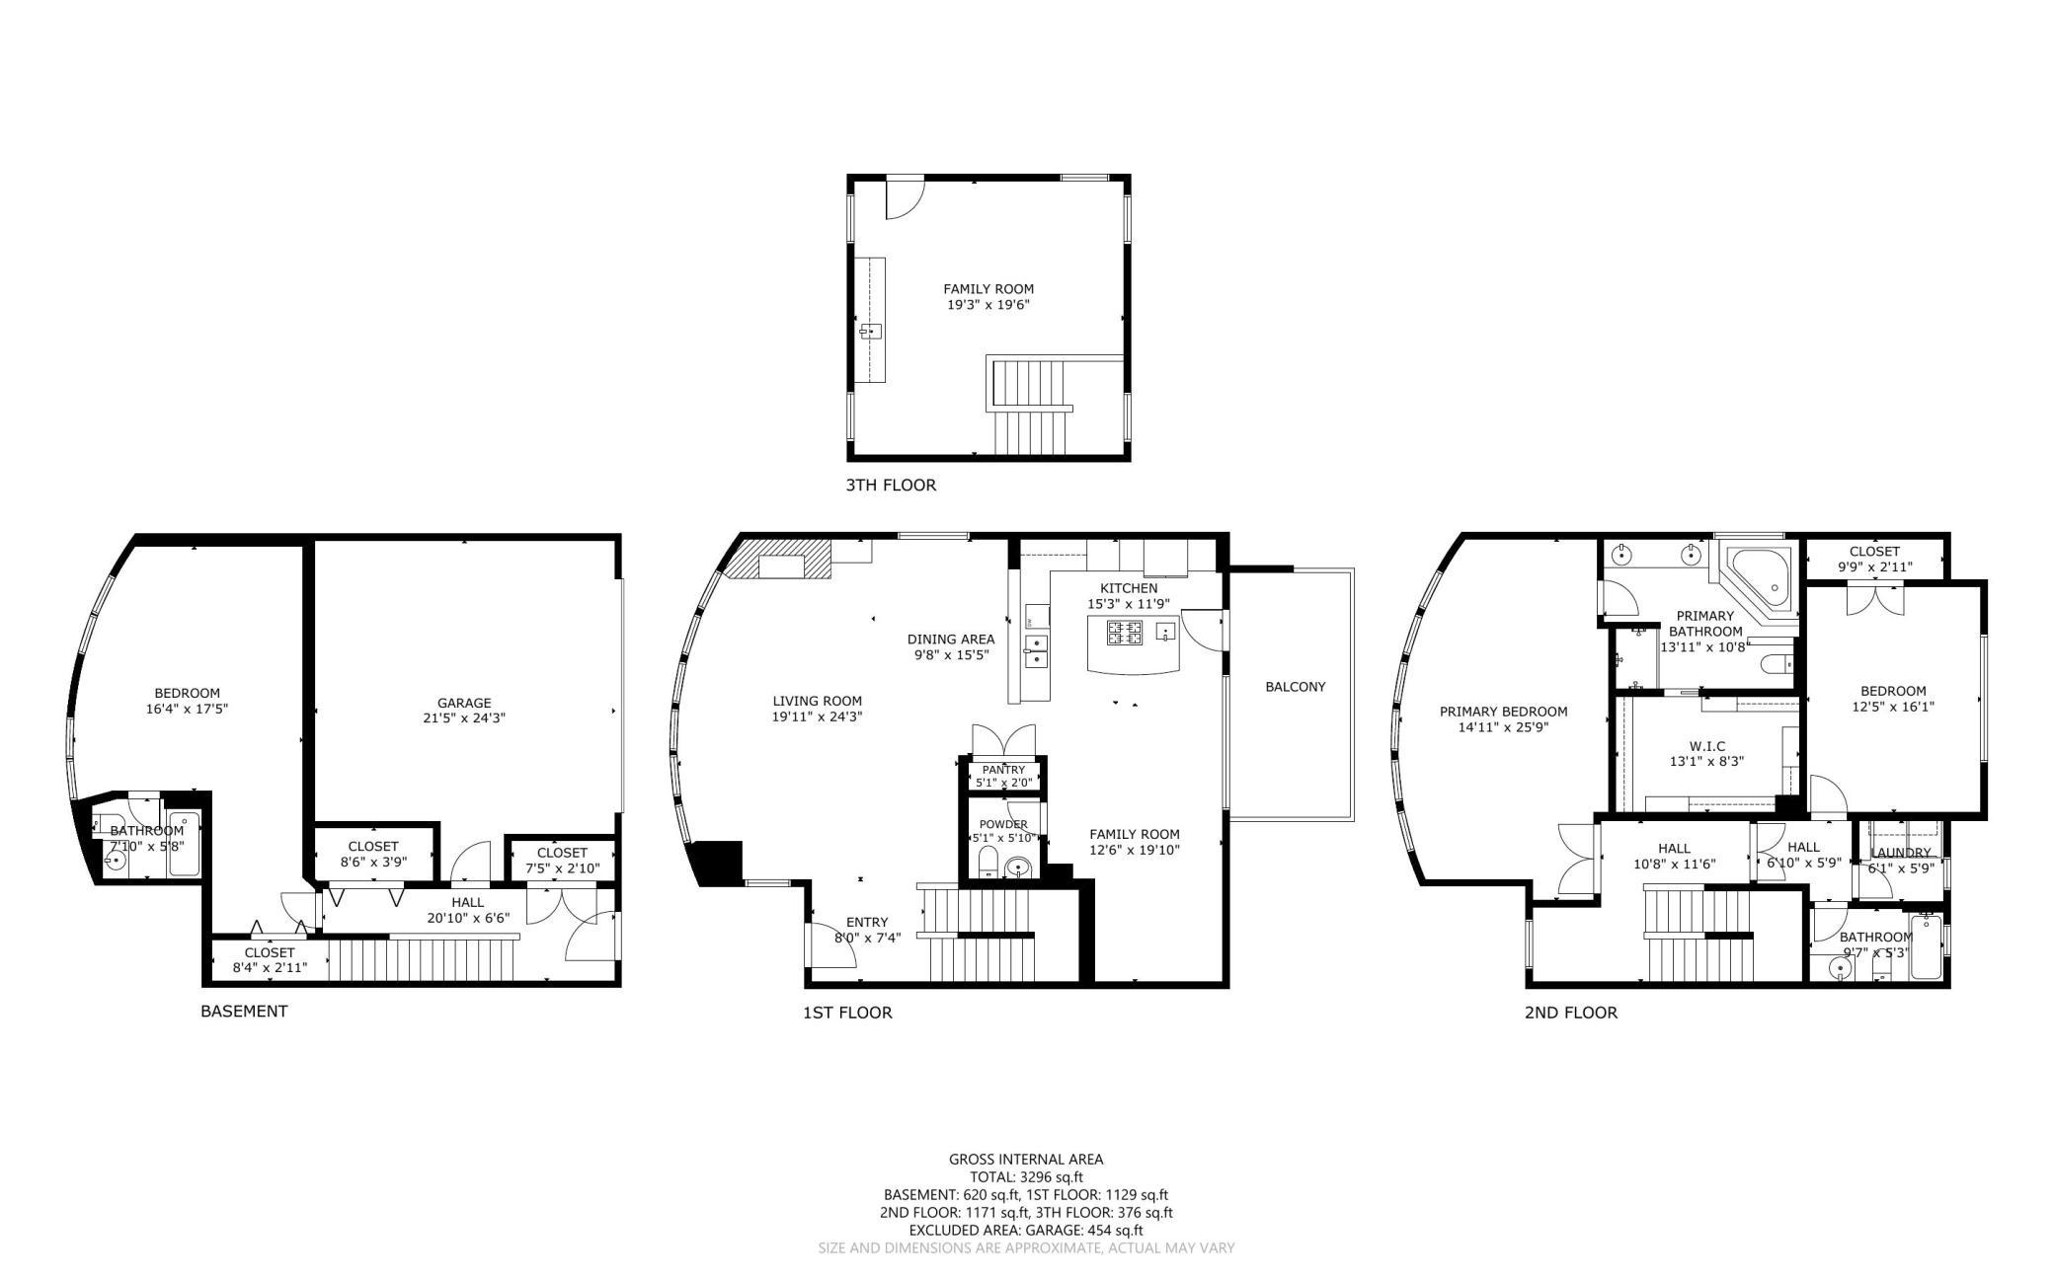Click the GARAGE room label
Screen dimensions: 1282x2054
pos(464,703)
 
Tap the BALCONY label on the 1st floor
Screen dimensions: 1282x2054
pos(1295,687)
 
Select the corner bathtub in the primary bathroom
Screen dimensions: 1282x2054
pos(1763,581)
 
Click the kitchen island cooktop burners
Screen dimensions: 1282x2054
pos(1125,632)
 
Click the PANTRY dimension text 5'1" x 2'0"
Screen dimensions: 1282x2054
pos(1003,783)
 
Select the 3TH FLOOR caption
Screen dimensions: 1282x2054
pos(890,486)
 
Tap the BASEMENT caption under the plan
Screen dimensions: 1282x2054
pos(244,1011)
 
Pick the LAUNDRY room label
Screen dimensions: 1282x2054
pos(1901,853)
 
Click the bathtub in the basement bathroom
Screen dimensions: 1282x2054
pos(184,844)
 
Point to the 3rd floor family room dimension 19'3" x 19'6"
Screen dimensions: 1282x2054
pos(988,305)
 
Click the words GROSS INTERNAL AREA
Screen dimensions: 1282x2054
pos(1026,1160)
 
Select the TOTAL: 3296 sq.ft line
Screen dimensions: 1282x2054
pos(1026,1177)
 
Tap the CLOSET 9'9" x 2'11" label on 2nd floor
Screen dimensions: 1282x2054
pos(1874,559)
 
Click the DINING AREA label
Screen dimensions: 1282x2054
pos(950,639)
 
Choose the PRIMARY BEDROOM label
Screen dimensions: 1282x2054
pos(1503,712)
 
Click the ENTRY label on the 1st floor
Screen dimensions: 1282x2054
pos(866,922)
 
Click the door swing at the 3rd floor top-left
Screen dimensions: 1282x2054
pos(901,198)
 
